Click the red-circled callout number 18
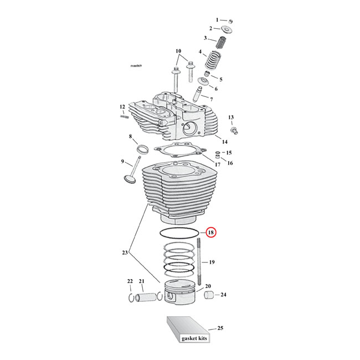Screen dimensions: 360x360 pyautogui.click(x=212, y=233)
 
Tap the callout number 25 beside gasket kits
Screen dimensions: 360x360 pyautogui.click(x=220, y=329)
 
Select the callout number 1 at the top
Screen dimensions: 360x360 pyautogui.click(x=217, y=19)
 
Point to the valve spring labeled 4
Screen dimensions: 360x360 pyautogui.click(x=214, y=60)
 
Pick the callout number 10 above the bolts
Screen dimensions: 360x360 pyautogui.click(x=178, y=52)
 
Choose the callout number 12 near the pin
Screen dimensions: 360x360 pyautogui.click(x=122, y=107)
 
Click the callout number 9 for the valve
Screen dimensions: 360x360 pyautogui.click(x=122, y=162)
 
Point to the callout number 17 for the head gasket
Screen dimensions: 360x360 pyautogui.click(x=218, y=164)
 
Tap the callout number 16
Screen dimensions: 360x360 pyautogui.click(x=230, y=163)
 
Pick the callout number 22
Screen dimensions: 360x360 pyautogui.click(x=130, y=281)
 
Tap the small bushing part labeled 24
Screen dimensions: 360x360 pyautogui.click(x=209, y=295)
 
